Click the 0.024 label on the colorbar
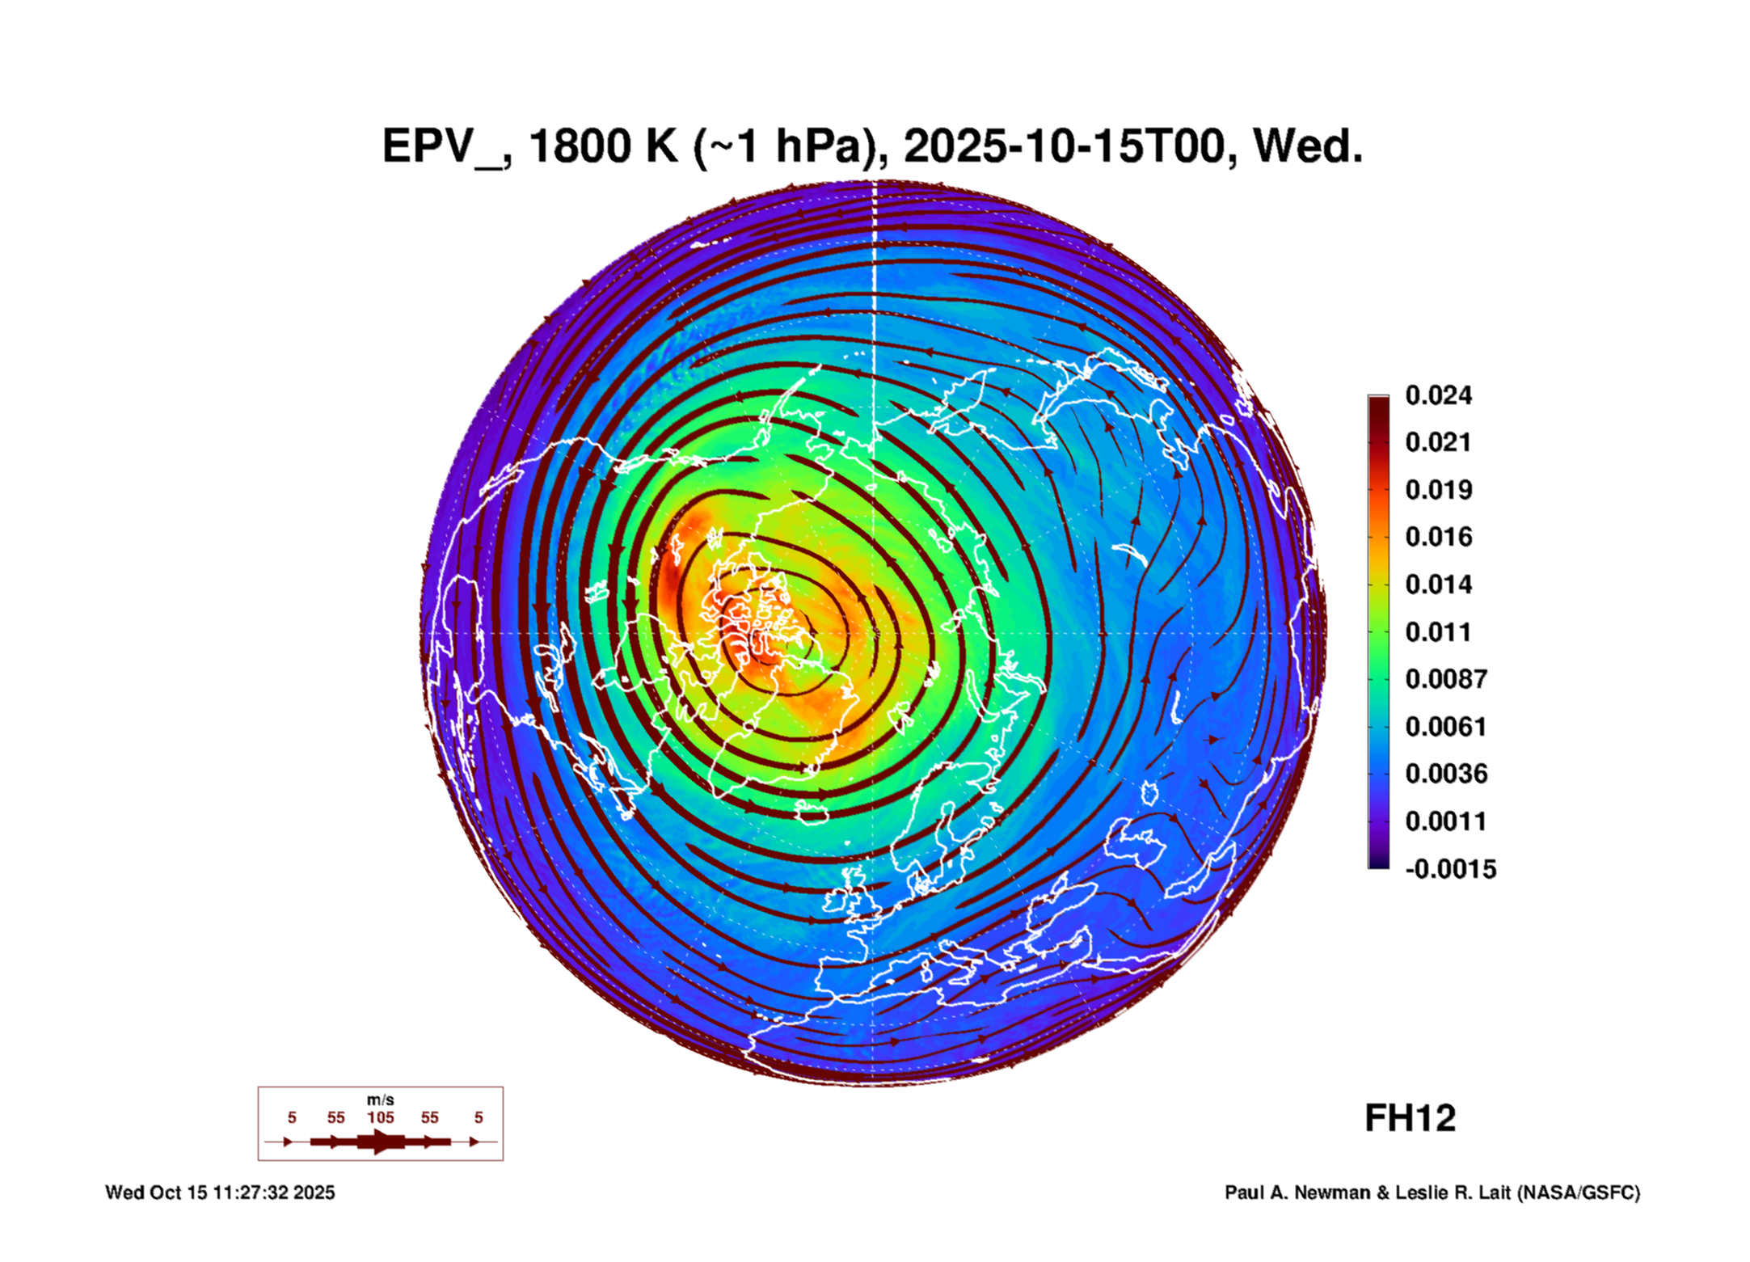(1438, 395)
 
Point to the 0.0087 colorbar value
(1446, 679)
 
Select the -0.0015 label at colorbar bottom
(1451, 869)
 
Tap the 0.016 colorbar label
(1438, 537)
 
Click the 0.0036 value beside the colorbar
(1446, 774)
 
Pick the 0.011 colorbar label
(1438, 632)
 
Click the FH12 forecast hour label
(1410, 1118)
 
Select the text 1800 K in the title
(603, 146)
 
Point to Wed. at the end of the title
(1307, 146)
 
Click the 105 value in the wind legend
(381, 1117)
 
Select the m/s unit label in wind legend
(381, 1100)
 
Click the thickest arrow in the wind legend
(381, 1142)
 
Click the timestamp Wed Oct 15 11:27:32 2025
(220, 1192)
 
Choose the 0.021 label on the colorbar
(1438, 442)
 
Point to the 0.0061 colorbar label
(1446, 727)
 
